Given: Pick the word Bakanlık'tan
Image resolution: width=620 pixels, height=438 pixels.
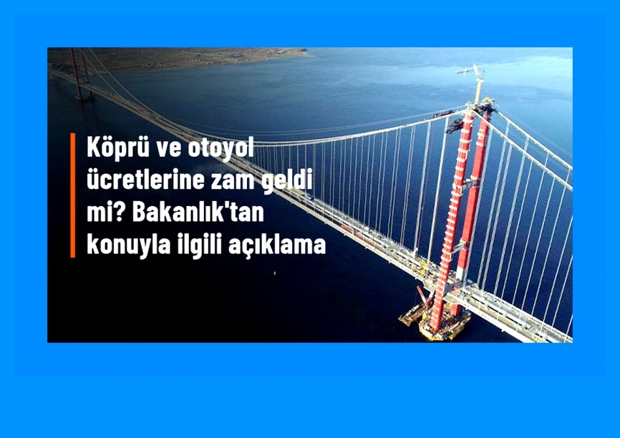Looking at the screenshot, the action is point(198,212).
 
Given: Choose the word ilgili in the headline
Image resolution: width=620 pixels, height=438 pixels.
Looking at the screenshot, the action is point(195,245).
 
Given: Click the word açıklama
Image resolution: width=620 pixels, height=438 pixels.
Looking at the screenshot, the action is point(277,245).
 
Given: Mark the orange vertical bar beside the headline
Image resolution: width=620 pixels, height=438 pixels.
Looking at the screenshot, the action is point(73,195).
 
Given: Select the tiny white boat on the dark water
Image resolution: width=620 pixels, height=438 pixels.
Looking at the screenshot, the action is point(275,273).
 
